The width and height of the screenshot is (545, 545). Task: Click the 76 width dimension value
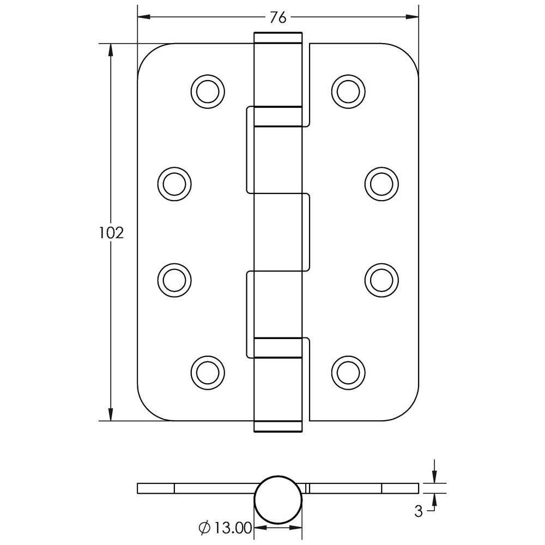278,17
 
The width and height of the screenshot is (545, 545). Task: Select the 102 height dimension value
111,233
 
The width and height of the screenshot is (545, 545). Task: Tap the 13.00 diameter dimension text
233,528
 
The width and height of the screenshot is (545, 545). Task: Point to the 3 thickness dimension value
419,511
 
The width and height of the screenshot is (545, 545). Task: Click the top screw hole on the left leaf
208,92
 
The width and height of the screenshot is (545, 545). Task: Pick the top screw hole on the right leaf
348,92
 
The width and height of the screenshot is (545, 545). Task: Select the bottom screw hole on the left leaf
208,373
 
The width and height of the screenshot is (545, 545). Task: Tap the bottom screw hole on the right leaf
348,373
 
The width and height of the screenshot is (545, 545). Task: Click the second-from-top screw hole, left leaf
174,184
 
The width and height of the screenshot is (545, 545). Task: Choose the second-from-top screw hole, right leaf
381,184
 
